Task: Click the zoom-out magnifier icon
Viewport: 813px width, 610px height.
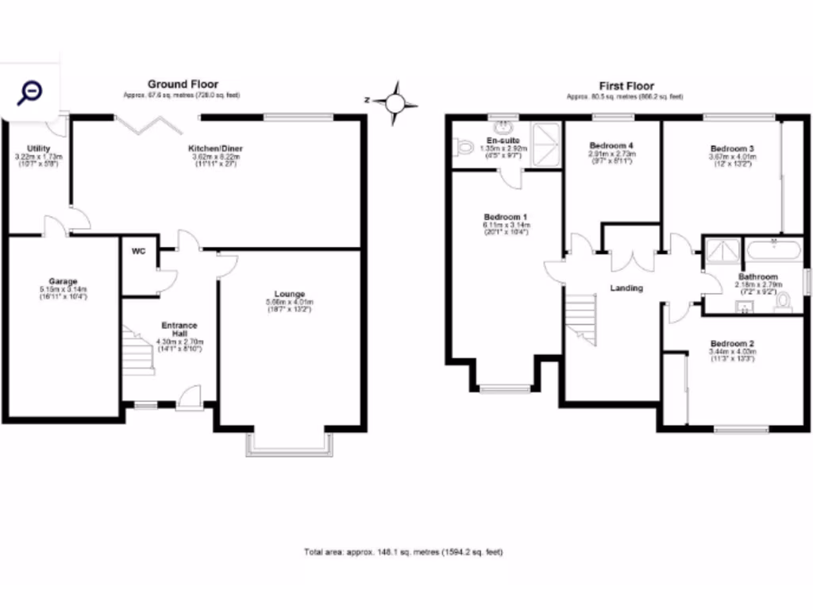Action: click(x=29, y=92)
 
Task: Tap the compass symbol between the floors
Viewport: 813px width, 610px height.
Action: click(x=395, y=102)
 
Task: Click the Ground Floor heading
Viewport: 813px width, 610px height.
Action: click(x=183, y=84)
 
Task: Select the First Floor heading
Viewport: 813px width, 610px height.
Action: click(x=626, y=86)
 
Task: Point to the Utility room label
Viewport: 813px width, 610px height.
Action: click(x=38, y=149)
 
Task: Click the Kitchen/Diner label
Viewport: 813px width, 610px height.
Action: click(x=215, y=149)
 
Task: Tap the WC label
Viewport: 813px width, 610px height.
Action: click(x=138, y=252)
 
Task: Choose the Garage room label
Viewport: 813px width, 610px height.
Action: click(x=63, y=281)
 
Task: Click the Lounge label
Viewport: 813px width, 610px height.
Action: click(x=290, y=294)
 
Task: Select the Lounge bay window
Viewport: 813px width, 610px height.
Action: click(x=288, y=445)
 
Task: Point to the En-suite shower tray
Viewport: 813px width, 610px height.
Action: click(x=545, y=143)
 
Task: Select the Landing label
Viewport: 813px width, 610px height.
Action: click(x=626, y=288)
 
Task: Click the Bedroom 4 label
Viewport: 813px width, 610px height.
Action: click(x=611, y=145)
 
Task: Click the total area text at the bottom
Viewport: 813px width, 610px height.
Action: click(x=403, y=552)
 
